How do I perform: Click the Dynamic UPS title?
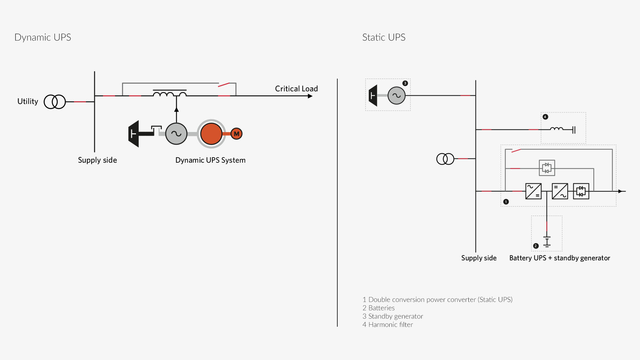click(x=43, y=37)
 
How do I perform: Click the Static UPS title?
click(x=384, y=37)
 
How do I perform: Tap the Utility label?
click(x=28, y=101)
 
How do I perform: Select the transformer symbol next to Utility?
click(x=55, y=102)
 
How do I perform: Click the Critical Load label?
click(x=296, y=89)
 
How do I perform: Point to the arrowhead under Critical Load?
click(x=310, y=96)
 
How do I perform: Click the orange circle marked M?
click(x=236, y=134)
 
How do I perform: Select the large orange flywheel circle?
click(x=211, y=134)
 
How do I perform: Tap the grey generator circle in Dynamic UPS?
click(x=176, y=134)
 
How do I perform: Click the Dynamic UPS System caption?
click(x=210, y=160)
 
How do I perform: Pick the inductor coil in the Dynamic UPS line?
click(x=170, y=93)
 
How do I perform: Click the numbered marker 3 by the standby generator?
click(x=405, y=83)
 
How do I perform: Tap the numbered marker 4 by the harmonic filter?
click(x=545, y=117)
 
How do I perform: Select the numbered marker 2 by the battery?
click(x=536, y=246)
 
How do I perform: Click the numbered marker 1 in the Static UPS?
click(x=506, y=202)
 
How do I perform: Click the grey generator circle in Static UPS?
click(x=397, y=96)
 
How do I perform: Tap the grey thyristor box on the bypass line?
click(x=547, y=168)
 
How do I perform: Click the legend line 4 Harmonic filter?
click(x=388, y=325)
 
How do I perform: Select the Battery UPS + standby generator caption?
click(x=560, y=258)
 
